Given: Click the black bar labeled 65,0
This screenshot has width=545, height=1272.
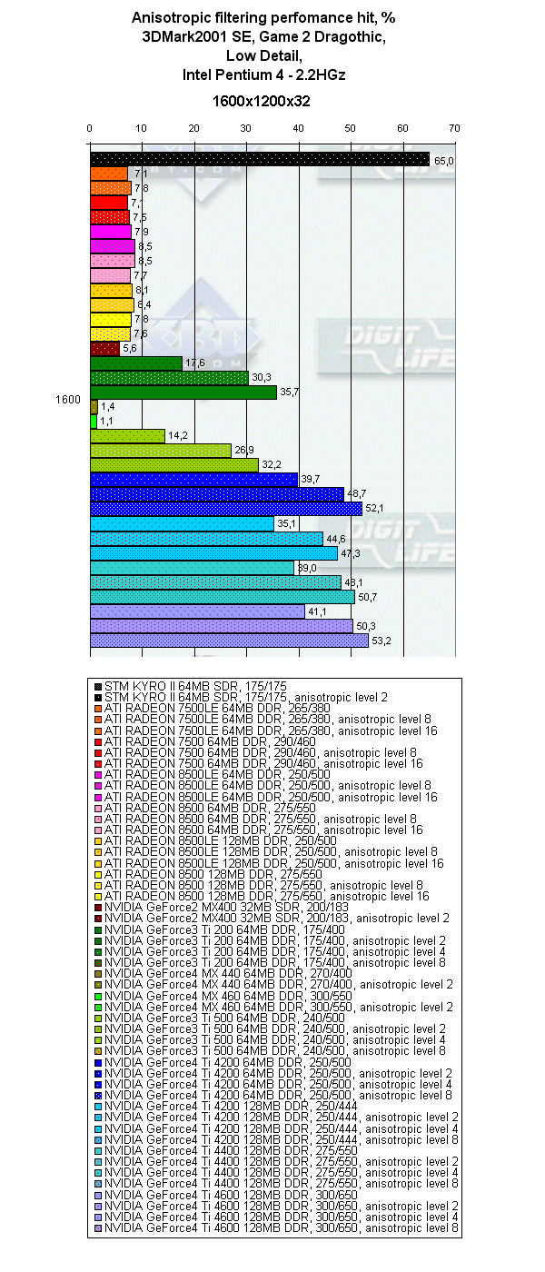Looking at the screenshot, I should coord(259,160).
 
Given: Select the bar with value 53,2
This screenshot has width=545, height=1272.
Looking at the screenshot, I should coord(229,641).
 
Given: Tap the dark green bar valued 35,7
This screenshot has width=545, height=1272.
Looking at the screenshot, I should coord(183,393).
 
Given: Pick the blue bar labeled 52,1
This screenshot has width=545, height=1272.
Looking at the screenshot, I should coord(225,509).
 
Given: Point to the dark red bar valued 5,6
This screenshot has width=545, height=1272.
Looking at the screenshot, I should coord(104,349).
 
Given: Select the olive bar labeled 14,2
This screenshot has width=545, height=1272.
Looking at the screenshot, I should coord(127,436).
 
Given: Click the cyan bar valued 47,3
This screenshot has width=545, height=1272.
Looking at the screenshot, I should coord(213,552).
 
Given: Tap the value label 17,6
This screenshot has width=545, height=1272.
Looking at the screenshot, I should coord(193,364).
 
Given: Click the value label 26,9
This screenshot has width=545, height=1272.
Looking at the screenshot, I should coord(243,452).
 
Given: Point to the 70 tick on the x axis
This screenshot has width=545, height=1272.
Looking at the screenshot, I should coord(454,128).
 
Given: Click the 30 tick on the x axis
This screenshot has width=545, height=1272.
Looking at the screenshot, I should coord(246,128).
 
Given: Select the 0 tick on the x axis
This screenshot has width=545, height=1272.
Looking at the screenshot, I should coord(90,128).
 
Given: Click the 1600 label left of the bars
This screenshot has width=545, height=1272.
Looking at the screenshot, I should coord(67,400).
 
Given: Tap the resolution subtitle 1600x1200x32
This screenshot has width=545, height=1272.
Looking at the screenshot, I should coord(261,101).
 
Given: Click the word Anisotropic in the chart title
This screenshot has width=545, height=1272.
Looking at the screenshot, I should coord(169,16).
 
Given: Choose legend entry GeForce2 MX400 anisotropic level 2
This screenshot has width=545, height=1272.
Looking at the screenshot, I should coord(277,919).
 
